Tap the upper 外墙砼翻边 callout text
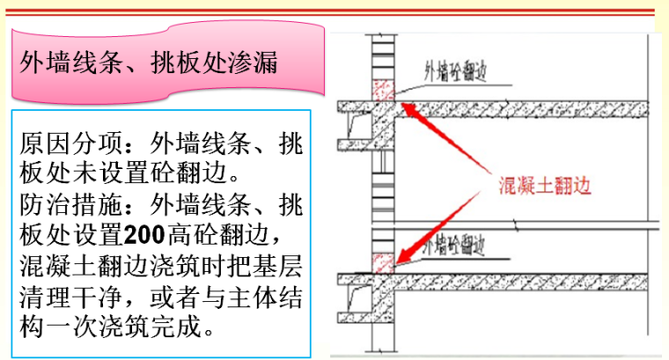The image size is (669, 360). coord(457,70)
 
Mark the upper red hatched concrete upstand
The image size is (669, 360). coord(382,88)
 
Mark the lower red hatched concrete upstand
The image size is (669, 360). coord(382,263)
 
